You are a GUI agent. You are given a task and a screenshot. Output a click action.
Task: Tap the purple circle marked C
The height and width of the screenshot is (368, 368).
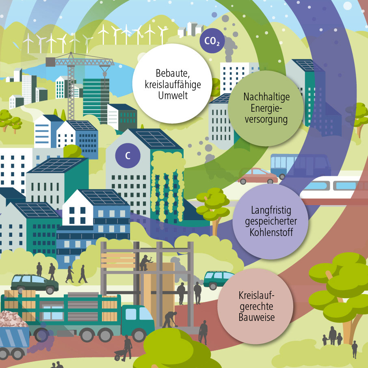point(128,155)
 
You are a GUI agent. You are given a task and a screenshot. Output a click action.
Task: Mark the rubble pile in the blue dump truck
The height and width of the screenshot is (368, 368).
point(12,319)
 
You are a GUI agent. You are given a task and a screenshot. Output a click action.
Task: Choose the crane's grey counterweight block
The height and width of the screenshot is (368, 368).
point(50,61)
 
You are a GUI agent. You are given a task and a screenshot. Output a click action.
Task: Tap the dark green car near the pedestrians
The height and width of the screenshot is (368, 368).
point(34,282)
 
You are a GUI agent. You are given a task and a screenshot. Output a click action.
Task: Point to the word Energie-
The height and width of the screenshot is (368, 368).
point(266,108)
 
